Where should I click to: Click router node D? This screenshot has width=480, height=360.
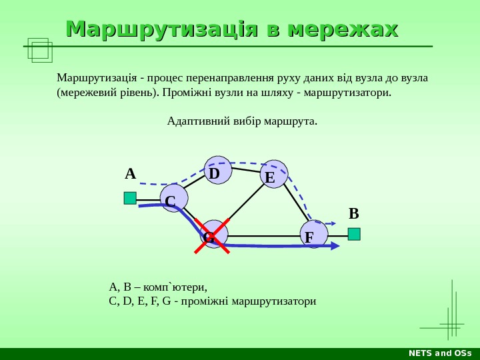click(x=218, y=170)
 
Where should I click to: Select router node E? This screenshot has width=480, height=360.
click(x=274, y=174)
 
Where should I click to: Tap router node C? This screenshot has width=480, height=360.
click(x=174, y=198)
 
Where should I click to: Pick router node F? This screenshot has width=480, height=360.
click(x=313, y=234)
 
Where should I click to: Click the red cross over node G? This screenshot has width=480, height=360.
click(x=212, y=237)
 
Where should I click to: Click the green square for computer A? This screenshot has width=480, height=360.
click(x=130, y=198)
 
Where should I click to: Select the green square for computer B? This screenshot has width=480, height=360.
click(x=354, y=234)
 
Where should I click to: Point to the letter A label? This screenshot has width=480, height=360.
click(x=130, y=175)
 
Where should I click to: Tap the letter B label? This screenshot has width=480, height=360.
click(x=354, y=214)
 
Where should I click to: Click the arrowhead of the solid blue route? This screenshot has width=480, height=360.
click(x=335, y=246)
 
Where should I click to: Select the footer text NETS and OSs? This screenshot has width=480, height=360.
click(x=440, y=353)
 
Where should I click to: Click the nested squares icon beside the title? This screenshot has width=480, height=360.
click(x=39, y=50)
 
